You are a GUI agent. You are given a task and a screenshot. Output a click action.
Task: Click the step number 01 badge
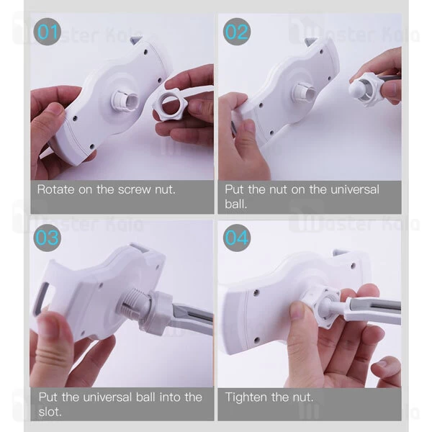[x=47, y=32]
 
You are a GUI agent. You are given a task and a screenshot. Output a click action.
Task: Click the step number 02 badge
[x=237, y=32]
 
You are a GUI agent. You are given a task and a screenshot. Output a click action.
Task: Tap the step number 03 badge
[x=47, y=238]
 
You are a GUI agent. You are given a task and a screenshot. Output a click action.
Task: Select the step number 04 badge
[x=237, y=238]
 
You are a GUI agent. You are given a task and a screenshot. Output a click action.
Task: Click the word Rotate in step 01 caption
[x=55, y=189]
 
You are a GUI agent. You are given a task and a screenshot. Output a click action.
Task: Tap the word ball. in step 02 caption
[x=236, y=204]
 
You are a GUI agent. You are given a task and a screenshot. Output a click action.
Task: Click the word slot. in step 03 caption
[x=50, y=412]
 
